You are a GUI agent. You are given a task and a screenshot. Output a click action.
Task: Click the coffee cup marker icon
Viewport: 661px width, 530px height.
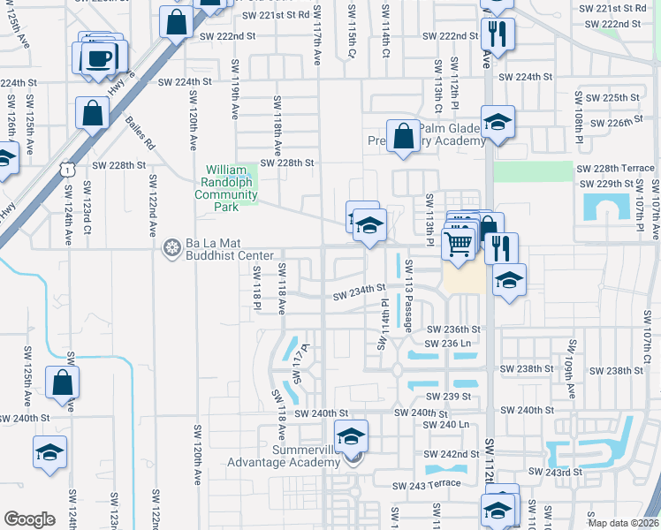98,57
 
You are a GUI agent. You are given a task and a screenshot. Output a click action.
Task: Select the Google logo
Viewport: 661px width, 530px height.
30,519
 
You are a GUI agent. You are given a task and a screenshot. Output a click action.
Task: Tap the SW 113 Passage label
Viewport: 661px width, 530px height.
409,296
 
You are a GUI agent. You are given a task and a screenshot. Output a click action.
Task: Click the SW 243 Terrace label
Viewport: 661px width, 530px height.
429,483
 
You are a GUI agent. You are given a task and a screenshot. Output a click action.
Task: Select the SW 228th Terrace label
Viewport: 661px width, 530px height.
615,168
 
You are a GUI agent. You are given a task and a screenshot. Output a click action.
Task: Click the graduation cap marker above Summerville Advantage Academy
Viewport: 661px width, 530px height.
352,435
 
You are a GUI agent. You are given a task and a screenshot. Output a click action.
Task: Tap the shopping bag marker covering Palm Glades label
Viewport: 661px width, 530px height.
403,137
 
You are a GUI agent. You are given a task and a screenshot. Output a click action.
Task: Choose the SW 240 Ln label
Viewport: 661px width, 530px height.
445,425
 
